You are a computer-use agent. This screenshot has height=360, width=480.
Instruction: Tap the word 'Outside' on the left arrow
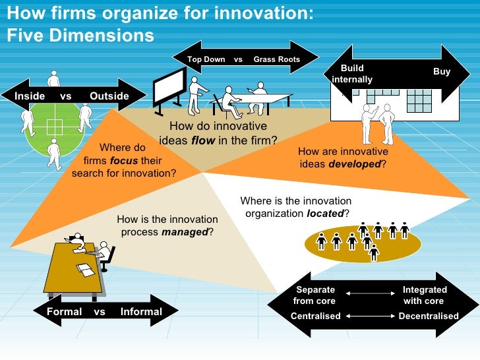click(109, 96)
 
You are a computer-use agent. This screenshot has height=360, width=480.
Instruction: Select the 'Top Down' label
click(206, 59)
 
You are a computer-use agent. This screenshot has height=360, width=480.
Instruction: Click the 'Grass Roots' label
click(277, 59)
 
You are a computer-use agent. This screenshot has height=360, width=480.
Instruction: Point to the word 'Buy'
click(441, 72)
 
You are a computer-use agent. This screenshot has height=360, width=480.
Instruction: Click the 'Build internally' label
click(352, 74)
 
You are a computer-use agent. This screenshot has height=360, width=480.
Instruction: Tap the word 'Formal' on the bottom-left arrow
click(65, 312)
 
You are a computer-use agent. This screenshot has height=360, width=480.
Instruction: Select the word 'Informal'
click(141, 312)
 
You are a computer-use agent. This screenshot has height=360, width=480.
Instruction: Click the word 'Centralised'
click(316, 316)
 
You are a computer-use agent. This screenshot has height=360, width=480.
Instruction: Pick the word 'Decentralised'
click(429, 316)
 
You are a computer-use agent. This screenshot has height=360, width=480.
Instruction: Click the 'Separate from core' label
click(315, 295)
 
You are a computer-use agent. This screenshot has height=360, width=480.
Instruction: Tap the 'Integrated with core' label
click(425, 295)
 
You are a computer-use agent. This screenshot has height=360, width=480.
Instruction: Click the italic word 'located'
click(326, 214)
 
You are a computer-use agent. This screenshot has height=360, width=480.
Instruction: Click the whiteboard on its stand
click(169, 86)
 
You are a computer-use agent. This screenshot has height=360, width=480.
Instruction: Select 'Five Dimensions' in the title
click(80, 35)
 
